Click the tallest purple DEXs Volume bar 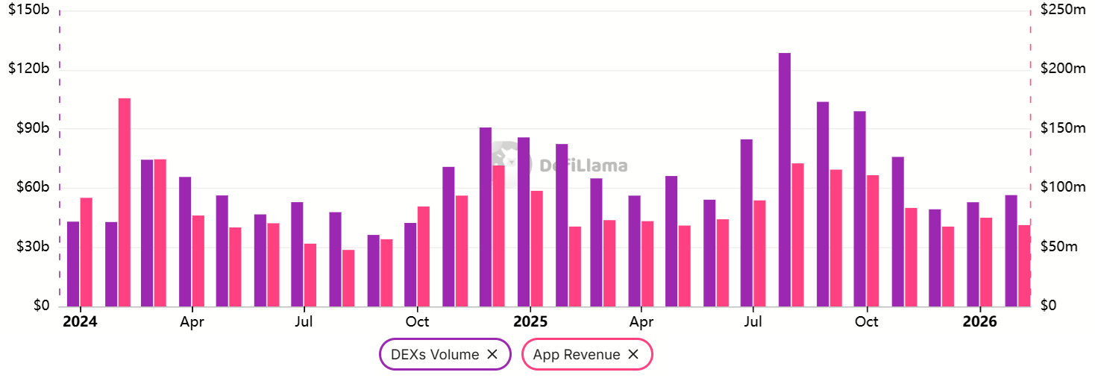[784, 179]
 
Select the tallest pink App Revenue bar [125, 201]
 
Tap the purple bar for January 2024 [73, 264]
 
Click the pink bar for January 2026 [986, 262]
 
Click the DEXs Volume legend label [435, 355]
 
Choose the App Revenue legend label [577, 355]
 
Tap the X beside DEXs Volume [492, 355]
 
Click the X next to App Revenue [633, 355]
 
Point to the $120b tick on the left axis [28, 69]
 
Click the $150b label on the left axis [28, 10]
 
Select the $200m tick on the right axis [1062, 69]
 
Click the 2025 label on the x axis [530, 322]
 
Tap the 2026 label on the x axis [979, 322]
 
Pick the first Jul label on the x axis [304, 322]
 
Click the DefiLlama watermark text [583, 166]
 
